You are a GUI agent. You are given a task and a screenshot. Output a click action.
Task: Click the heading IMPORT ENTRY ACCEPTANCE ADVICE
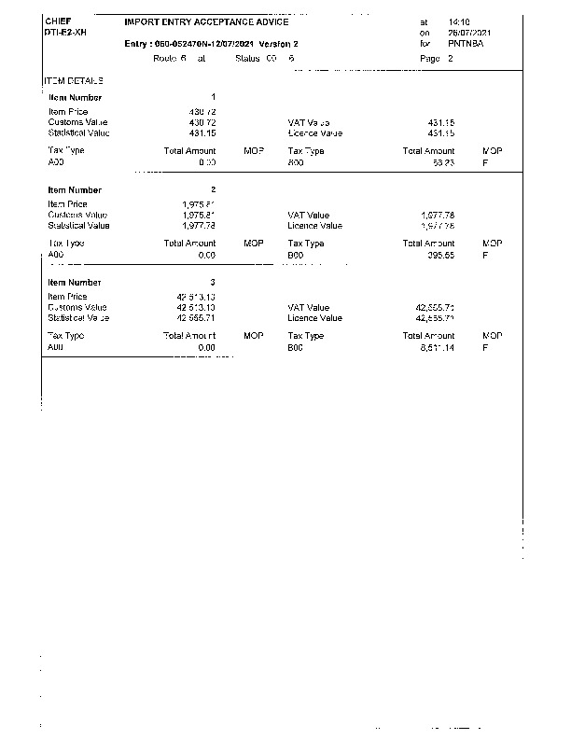tap(206, 21)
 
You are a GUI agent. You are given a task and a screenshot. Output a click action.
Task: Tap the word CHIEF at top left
tap(58, 21)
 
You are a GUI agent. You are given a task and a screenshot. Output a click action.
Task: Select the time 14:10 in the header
tap(459, 21)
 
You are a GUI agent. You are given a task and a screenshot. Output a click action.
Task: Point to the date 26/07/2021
tap(469, 33)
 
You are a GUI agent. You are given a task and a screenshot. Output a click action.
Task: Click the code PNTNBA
tap(465, 44)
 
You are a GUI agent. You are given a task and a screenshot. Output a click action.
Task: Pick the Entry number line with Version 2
tap(211, 44)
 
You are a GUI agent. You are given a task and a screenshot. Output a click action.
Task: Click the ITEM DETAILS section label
tap(74, 81)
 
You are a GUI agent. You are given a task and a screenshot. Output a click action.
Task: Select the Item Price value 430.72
tap(202, 111)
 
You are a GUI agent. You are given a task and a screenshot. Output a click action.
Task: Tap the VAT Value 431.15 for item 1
tap(439, 122)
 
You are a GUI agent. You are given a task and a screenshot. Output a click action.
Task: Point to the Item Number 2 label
tap(75, 189)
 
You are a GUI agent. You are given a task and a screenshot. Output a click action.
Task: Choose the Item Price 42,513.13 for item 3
tap(196, 297)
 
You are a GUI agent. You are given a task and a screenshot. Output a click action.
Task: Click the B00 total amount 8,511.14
tap(436, 347)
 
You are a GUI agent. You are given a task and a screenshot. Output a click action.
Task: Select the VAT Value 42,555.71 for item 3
tap(434, 307)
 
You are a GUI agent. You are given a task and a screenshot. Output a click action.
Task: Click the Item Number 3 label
tap(75, 282)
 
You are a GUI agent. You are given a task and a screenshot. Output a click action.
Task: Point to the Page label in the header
tap(429, 58)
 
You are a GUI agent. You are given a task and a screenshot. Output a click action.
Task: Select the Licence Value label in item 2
tap(315, 226)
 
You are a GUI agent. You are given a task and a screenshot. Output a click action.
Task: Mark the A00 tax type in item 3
tap(55, 347)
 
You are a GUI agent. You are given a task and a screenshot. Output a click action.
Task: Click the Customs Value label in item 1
tap(78, 122)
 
